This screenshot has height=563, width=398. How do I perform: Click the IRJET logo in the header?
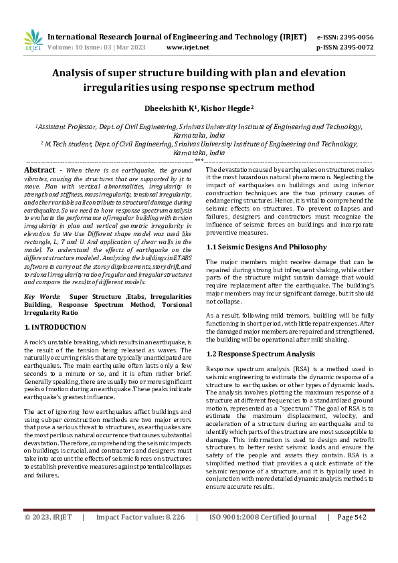point(33,41)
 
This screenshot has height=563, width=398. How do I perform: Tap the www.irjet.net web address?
point(188,47)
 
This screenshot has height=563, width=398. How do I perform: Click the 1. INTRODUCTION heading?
point(55,328)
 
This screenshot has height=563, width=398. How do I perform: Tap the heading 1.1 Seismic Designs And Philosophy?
point(266,247)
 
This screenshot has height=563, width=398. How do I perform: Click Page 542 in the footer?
point(352,536)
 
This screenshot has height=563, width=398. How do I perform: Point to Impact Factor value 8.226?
point(140,536)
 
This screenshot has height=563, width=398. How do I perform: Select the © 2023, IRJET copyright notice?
point(48,536)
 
